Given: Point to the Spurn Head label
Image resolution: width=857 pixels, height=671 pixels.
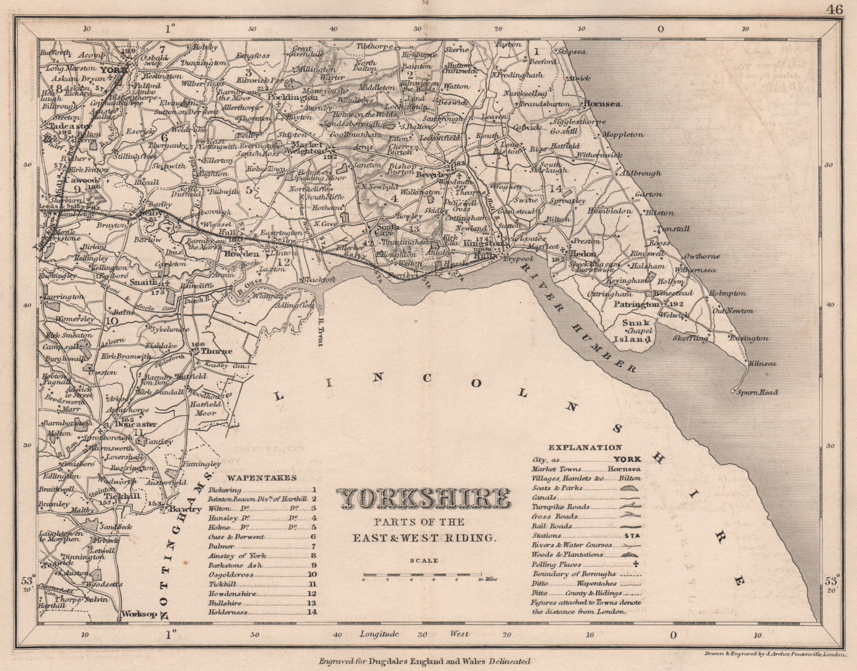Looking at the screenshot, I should pos(757,392).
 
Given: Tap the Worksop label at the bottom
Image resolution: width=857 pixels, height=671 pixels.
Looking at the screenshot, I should pos(139,614).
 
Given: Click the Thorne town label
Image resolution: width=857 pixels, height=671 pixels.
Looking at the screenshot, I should pos(216,352).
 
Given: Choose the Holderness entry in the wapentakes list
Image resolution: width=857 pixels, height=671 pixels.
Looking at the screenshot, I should pos(228,612).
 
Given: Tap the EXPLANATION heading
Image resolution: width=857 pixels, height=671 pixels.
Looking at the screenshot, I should pos(585,447).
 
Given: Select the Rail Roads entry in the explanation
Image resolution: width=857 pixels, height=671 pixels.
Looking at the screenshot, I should pos(552,526).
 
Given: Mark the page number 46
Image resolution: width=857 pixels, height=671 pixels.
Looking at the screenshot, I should pos(835,9).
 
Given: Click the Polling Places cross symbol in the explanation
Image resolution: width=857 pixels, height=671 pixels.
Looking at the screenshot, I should pos(637,564).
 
